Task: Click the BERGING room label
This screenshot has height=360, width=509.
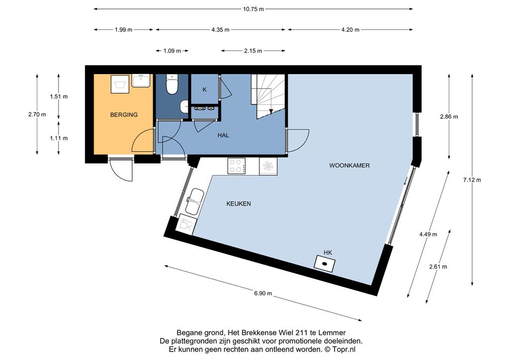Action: point(124,114)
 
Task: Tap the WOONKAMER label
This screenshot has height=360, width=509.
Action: point(349,166)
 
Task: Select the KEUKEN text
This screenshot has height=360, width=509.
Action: point(239,204)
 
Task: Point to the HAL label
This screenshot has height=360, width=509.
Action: point(223,135)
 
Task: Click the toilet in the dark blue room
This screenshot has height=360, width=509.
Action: point(171,84)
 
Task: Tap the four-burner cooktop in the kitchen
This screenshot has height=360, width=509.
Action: point(236,166)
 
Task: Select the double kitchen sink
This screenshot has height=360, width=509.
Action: point(194,201)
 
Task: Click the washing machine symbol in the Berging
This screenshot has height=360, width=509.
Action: point(120,84)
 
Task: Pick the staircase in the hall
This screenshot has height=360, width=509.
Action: point(268,96)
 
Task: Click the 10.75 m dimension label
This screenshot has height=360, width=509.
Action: point(253,9)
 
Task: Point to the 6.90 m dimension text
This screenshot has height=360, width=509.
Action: point(263,293)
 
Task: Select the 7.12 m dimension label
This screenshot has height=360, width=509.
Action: point(472,180)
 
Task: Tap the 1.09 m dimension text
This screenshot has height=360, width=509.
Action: point(172,51)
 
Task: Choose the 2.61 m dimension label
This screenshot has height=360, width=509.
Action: point(438,267)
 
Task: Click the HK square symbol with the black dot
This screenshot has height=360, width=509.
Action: point(325,263)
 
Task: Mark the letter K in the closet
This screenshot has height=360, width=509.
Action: point(204,90)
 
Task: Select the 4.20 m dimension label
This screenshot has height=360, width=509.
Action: point(350,30)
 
